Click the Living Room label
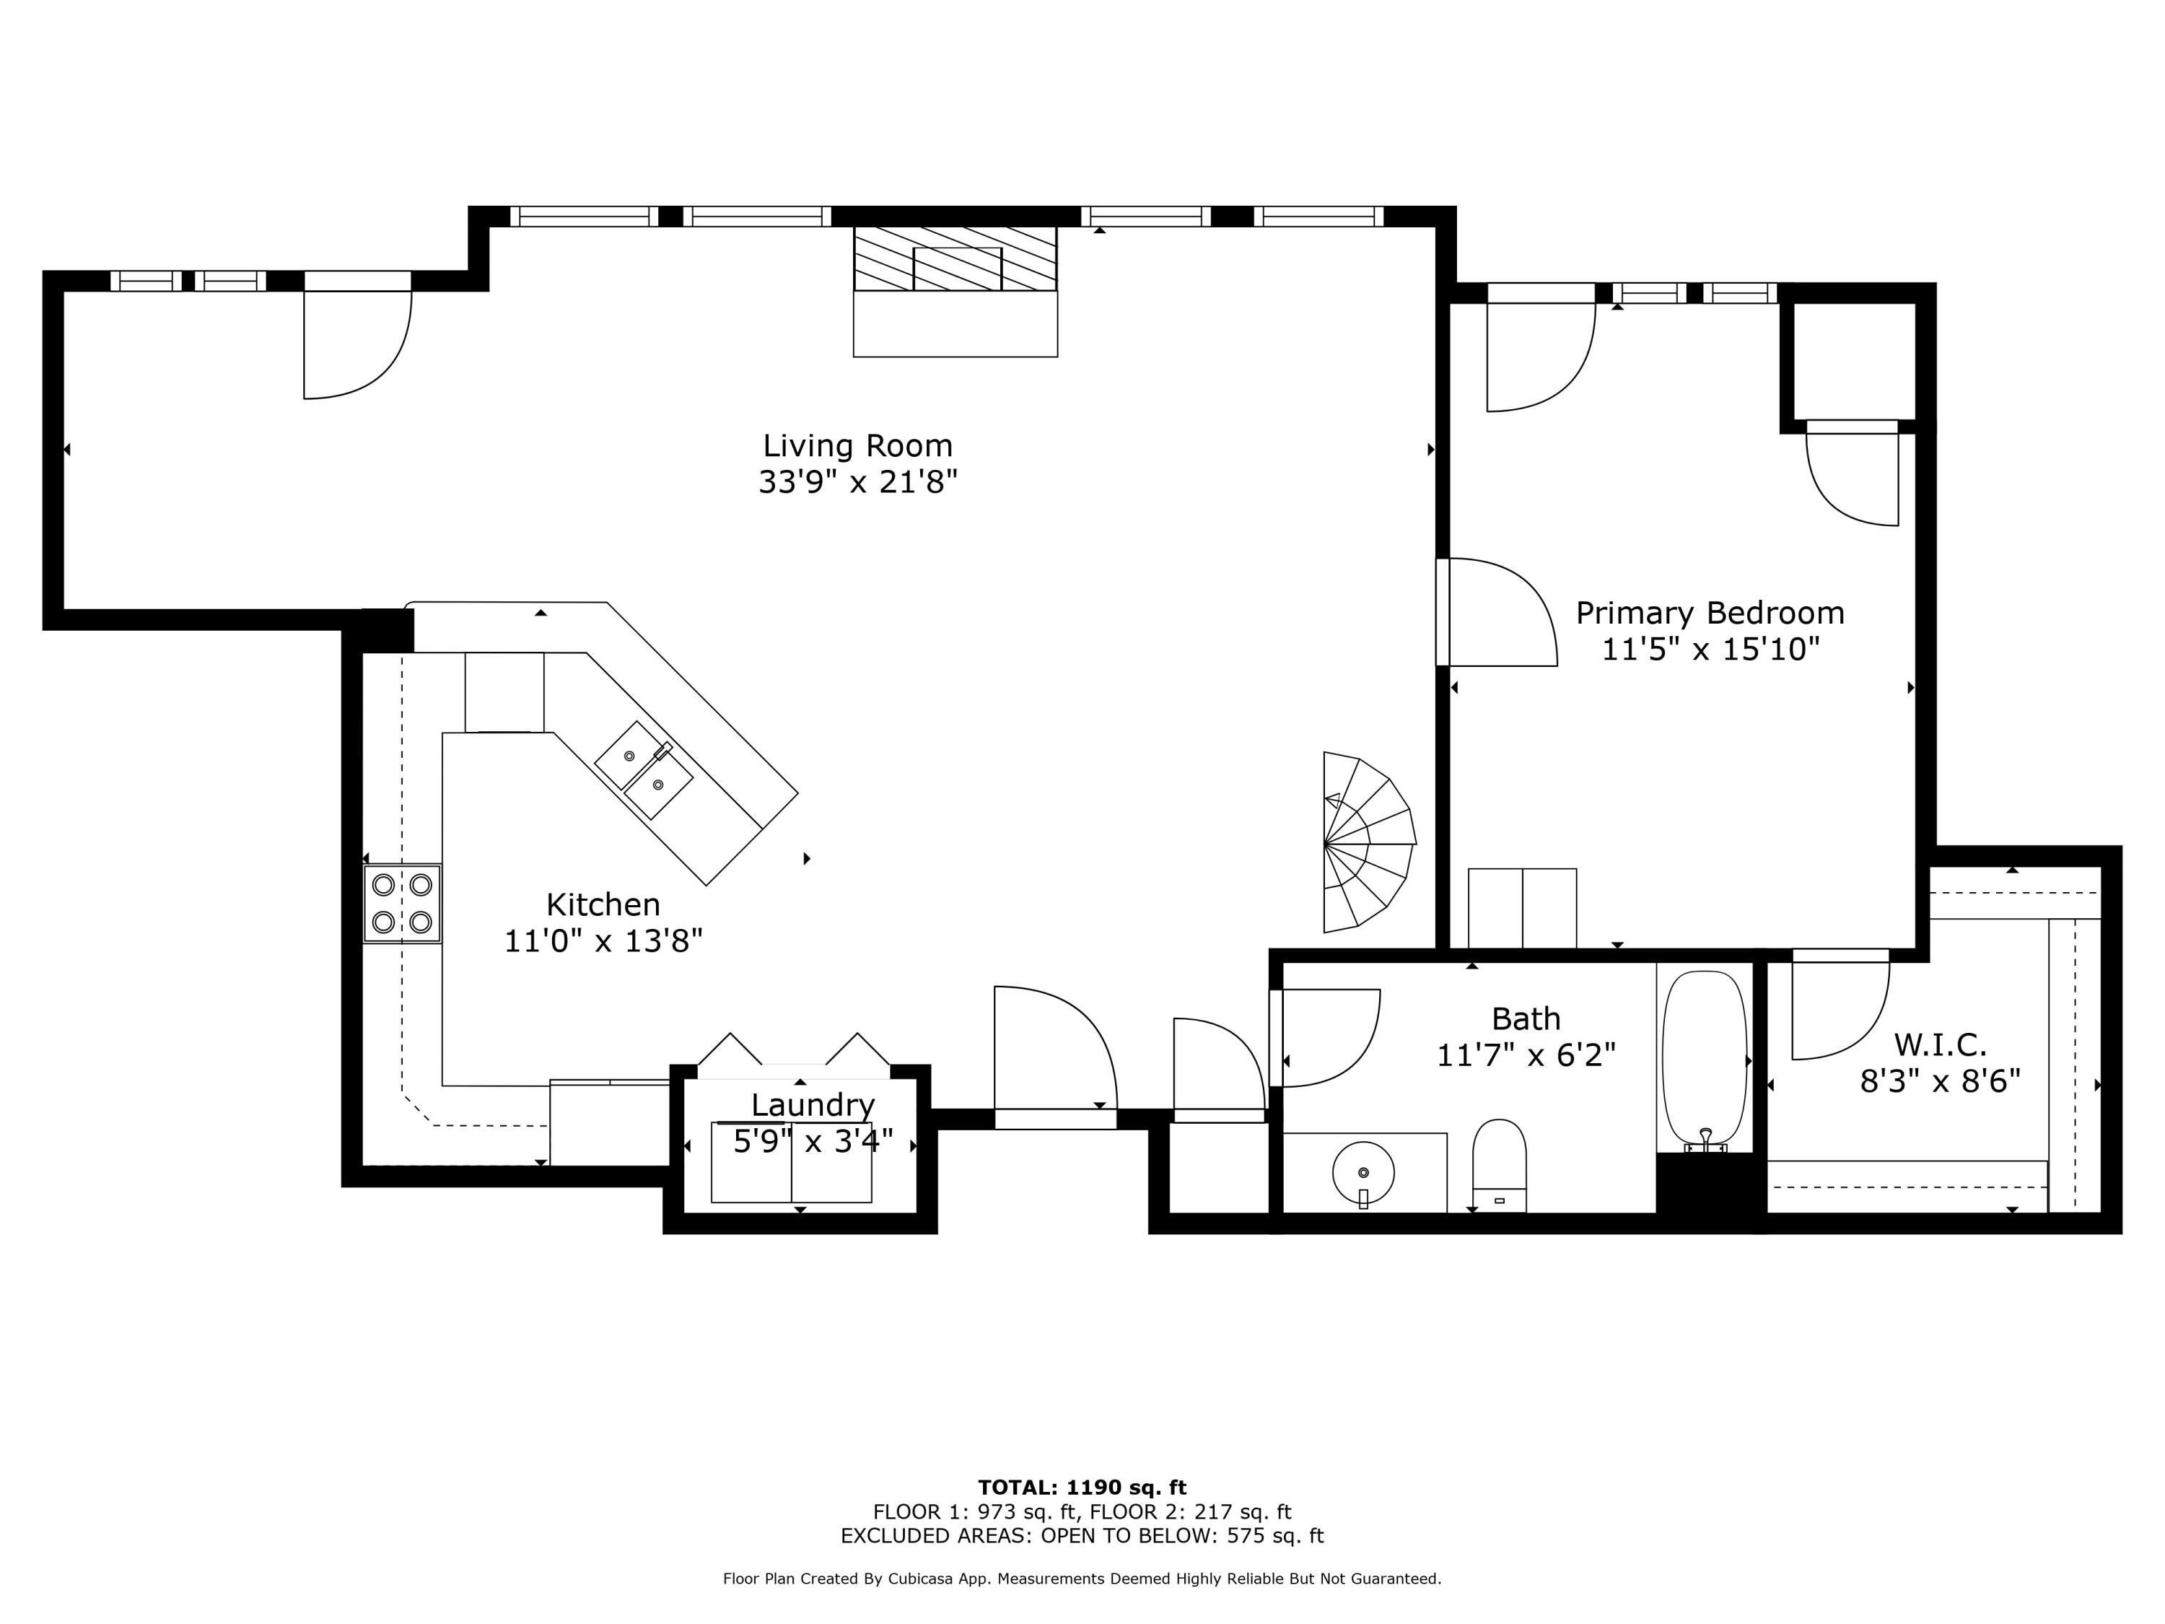click(857, 446)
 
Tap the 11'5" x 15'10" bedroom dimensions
click(1709, 649)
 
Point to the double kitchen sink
click(644, 770)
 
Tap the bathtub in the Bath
click(1704, 1058)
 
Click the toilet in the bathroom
click(1498, 1165)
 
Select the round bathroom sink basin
click(1363, 1171)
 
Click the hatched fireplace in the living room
click(955, 259)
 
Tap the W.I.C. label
click(1940, 1044)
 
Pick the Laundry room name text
click(813, 1105)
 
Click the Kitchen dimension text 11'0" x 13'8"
click(603, 940)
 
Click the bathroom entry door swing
click(1326, 1038)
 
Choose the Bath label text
click(1525, 1019)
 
